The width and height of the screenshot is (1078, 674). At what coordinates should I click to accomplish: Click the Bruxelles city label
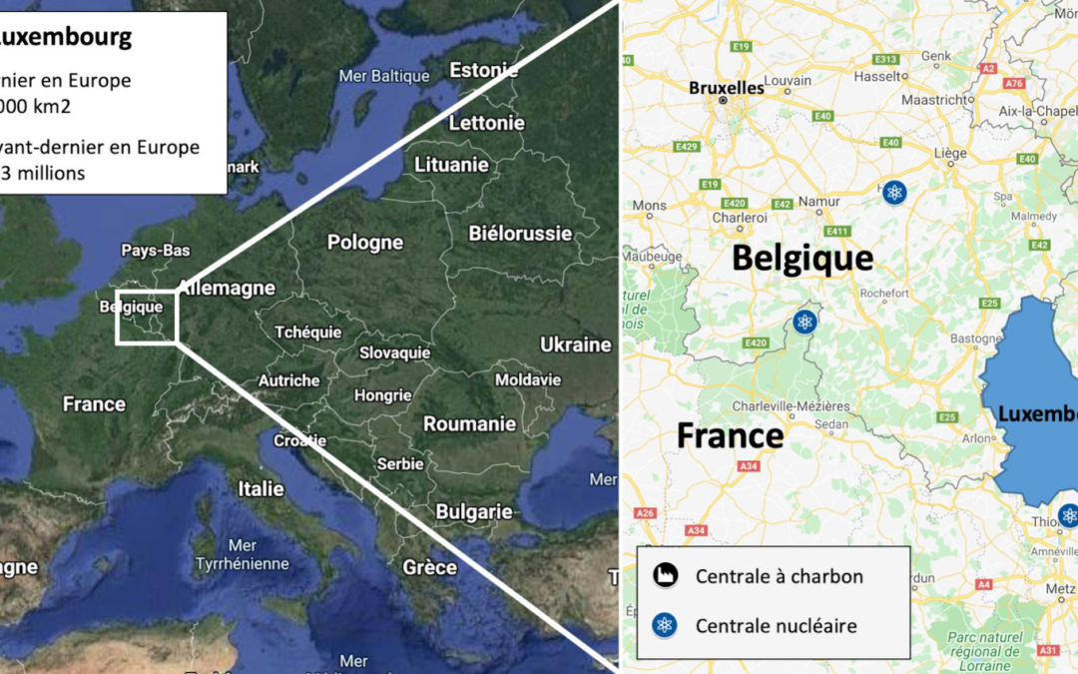[726, 88]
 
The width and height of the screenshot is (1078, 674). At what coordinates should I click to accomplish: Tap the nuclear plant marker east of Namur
[894, 193]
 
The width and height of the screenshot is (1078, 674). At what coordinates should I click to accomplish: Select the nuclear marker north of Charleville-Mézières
[804, 322]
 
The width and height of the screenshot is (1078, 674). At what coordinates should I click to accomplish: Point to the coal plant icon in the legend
[666, 575]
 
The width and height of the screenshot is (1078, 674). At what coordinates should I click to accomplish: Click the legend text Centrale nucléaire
[776, 626]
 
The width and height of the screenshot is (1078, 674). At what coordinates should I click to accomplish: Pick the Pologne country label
[365, 242]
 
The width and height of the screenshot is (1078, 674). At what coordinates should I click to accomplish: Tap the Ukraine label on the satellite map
[575, 344]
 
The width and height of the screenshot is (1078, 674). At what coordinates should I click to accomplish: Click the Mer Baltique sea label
[384, 76]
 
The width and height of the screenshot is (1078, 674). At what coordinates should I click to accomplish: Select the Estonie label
[484, 71]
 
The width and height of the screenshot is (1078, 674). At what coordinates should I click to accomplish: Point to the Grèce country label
[429, 567]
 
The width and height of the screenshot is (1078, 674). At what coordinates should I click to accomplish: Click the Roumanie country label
[469, 423]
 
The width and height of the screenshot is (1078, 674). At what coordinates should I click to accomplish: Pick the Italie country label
[261, 488]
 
